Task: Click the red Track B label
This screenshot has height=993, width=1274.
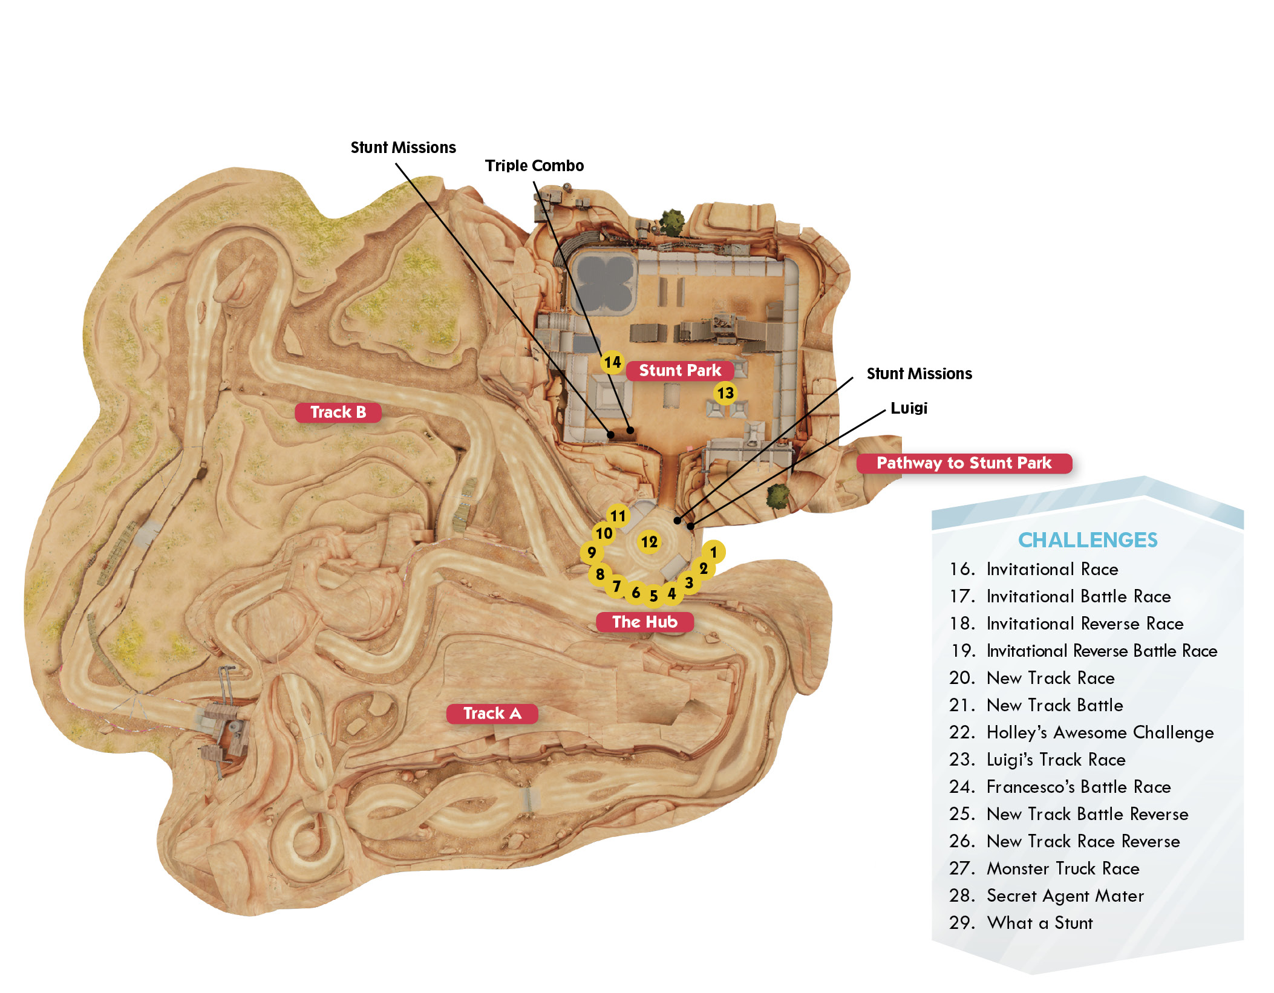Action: tap(338, 412)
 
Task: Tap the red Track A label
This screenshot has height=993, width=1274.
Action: tap(492, 714)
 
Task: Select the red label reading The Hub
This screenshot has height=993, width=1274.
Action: tap(645, 622)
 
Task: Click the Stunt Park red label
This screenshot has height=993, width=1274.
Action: tap(680, 370)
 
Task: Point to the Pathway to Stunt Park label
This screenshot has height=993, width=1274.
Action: tap(964, 463)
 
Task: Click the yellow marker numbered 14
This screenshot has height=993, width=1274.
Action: tap(612, 362)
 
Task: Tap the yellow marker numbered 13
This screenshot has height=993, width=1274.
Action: tap(725, 393)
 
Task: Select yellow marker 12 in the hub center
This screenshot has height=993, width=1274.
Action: tap(649, 542)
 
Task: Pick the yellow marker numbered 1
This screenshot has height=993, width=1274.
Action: tap(714, 552)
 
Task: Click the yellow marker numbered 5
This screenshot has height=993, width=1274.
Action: tap(654, 596)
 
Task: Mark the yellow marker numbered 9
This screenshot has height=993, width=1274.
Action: tap(592, 552)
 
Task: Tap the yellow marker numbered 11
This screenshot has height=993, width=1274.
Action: tap(618, 516)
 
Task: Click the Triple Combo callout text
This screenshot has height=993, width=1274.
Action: tap(534, 166)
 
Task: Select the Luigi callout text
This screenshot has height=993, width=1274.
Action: tap(909, 408)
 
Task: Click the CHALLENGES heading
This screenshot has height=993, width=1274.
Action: tap(1088, 540)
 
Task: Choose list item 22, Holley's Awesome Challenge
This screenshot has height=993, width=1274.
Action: tap(1082, 732)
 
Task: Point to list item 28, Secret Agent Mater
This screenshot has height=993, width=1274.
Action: tap(1047, 896)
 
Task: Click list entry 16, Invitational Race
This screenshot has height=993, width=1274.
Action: tap(1034, 569)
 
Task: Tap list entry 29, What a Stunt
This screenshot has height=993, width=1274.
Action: tap(1021, 923)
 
